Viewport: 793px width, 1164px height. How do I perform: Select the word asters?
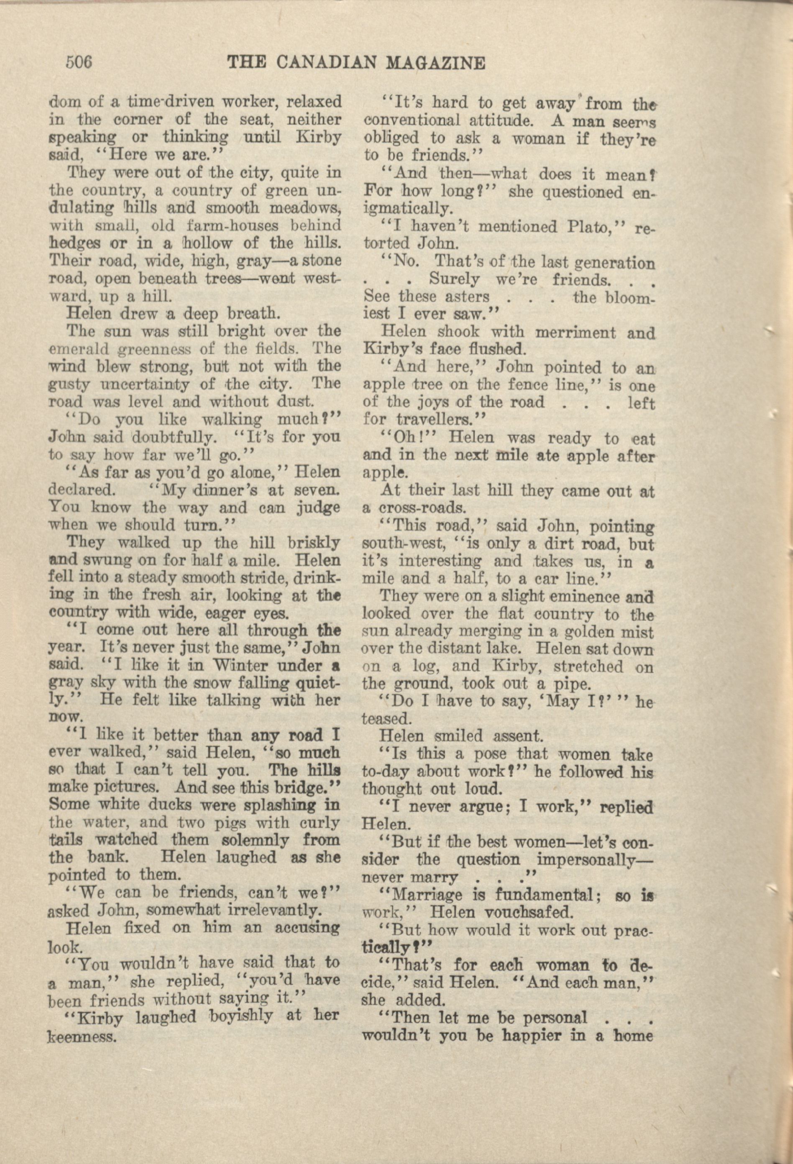(458, 296)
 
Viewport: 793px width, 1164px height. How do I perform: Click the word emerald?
(78, 348)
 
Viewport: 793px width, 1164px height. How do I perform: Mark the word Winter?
(236, 666)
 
